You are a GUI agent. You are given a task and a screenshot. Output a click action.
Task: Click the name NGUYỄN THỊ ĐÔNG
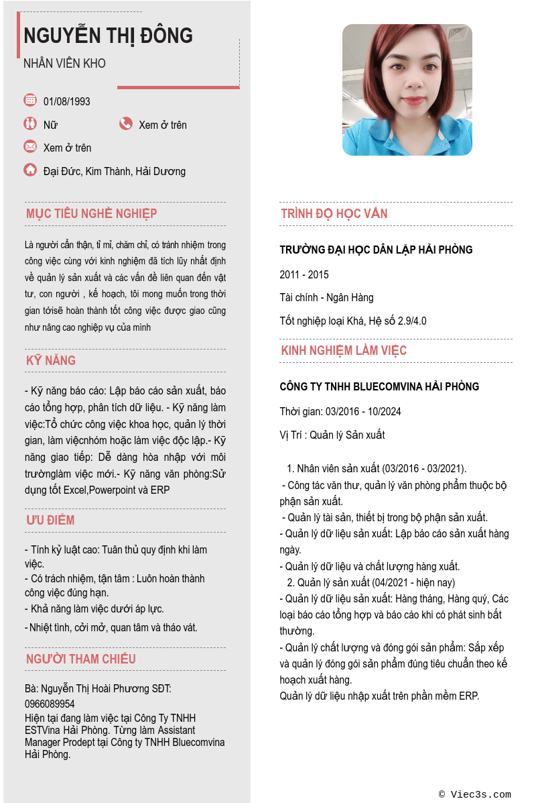click(108, 36)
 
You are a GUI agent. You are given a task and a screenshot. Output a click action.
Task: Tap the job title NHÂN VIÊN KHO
click(64, 64)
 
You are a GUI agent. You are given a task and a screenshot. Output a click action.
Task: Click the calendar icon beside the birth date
click(30, 100)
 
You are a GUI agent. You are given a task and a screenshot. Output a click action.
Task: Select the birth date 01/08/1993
click(67, 102)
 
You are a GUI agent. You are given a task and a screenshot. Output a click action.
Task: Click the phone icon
click(126, 123)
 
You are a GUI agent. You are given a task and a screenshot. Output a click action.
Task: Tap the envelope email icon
click(30, 146)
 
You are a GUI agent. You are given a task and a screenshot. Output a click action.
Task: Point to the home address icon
click(30, 170)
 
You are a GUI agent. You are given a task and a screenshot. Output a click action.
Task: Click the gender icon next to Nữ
click(30, 123)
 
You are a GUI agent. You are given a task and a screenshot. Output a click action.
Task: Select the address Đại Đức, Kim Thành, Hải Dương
click(115, 171)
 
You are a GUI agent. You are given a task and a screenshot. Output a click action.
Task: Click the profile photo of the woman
click(407, 90)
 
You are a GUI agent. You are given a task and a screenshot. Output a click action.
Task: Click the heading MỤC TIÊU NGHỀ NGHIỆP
click(92, 214)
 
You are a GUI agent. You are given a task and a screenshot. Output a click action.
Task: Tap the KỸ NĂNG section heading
click(51, 360)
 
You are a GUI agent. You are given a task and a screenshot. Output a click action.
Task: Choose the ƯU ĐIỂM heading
click(50, 521)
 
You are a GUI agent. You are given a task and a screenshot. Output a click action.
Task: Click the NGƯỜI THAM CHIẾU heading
click(81, 659)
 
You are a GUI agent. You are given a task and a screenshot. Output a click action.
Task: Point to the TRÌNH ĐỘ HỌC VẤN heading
click(334, 214)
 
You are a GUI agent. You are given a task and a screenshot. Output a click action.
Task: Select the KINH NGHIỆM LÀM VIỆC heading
click(344, 351)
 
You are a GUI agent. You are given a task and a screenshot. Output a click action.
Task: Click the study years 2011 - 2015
click(304, 274)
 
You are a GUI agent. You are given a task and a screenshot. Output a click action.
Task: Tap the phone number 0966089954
click(50, 704)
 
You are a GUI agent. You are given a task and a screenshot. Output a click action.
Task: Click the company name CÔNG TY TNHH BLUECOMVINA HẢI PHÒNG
click(379, 387)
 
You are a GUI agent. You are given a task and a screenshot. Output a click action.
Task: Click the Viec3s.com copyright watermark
click(475, 794)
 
